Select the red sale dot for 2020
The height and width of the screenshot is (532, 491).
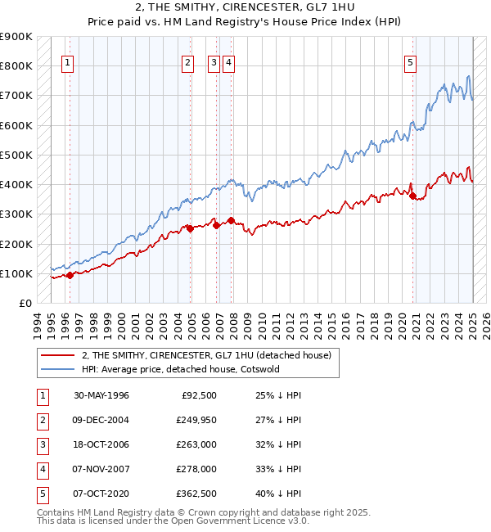(x=412, y=195)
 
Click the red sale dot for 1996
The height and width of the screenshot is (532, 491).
(x=70, y=275)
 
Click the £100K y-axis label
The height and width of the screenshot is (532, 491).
(x=16, y=273)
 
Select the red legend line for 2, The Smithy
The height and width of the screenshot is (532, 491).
(x=57, y=356)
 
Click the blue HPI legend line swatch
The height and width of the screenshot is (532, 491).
(x=57, y=369)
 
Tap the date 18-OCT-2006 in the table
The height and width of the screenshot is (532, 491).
(x=101, y=445)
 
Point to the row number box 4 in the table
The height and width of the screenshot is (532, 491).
(x=42, y=470)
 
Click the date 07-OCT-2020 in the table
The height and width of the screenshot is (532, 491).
(x=101, y=494)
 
